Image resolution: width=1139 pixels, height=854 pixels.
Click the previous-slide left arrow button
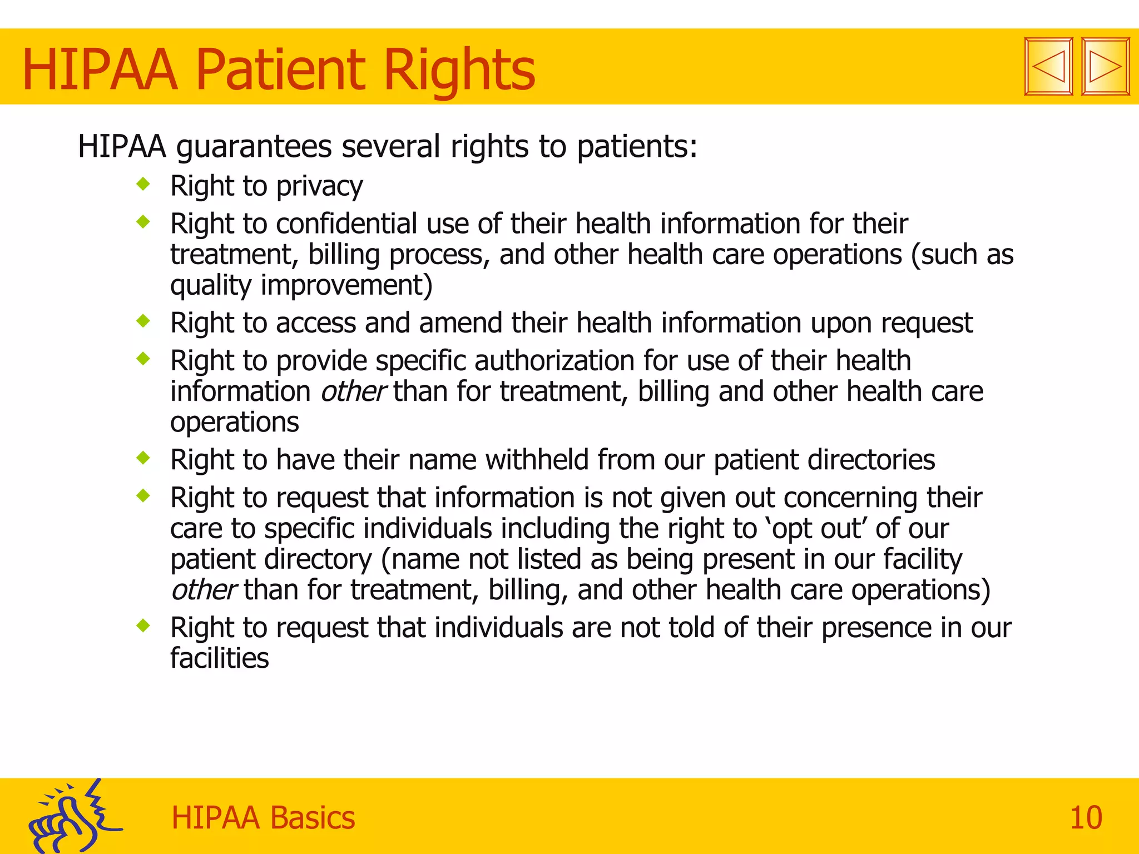pyautogui.click(x=1048, y=67)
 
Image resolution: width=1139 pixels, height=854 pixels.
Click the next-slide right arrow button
pyautogui.click(x=1105, y=67)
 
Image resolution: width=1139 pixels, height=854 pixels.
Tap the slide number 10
pyautogui.click(x=1086, y=818)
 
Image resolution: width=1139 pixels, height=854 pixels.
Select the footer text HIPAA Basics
pyautogui.click(x=263, y=818)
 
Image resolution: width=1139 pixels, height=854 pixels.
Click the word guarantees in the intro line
pyautogui.click(x=254, y=147)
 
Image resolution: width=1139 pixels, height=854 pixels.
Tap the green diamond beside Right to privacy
pyautogui.click(x=143, y=183)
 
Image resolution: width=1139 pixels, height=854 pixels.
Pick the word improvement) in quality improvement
pyautogui.click(x=346, y=285)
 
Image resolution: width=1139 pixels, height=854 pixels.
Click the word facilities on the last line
pyautogui.click(x=219, y=658)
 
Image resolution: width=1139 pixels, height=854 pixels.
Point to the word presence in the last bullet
pyautogui.click(x=876, y=628)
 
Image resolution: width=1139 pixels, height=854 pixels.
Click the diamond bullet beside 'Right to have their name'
pyautogui.click(x=143, y=458)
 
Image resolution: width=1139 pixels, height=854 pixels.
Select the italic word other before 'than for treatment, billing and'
pyautogui.click(x=353, y=391)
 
